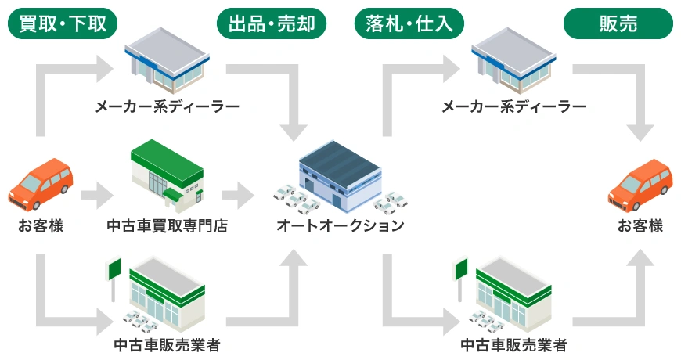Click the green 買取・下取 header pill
(63, 23)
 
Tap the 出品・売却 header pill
(272, 23)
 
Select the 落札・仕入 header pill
(409, 23)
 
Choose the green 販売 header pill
(618, 23)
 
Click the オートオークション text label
(340, 225)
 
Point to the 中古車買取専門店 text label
(168, 225)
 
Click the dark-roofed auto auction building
(340, 176)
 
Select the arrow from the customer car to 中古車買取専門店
(97, 196)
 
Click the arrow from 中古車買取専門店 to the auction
(238, 196)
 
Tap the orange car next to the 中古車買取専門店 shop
(41, 185)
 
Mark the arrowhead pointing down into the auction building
(294, 132)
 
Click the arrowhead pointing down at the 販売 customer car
(640, 132)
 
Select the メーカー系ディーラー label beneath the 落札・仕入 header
(513, 106)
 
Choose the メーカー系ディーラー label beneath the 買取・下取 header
(168, 106)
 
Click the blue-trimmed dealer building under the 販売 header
(513, 60)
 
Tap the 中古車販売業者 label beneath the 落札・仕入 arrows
(513, 345)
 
